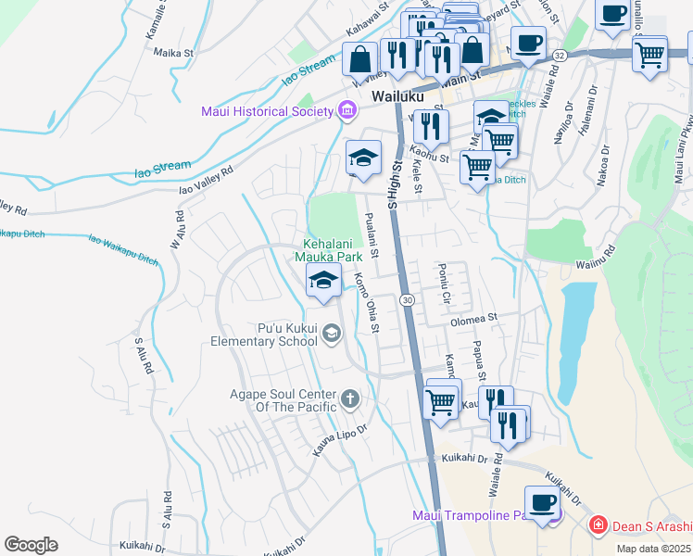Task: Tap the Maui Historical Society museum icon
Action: tap(347, 112)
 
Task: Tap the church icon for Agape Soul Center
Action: tap(349, 398)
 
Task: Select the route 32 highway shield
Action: tap(559, 56)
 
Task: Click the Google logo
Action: tap(31, 545)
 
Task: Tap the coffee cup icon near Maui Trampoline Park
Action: tap(542, 502)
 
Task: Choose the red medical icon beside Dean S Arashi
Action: tap(599, 525)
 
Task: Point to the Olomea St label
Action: tap(474, 318)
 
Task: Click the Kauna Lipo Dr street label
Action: tap(340, 438)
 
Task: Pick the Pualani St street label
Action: tap(371, 235)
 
